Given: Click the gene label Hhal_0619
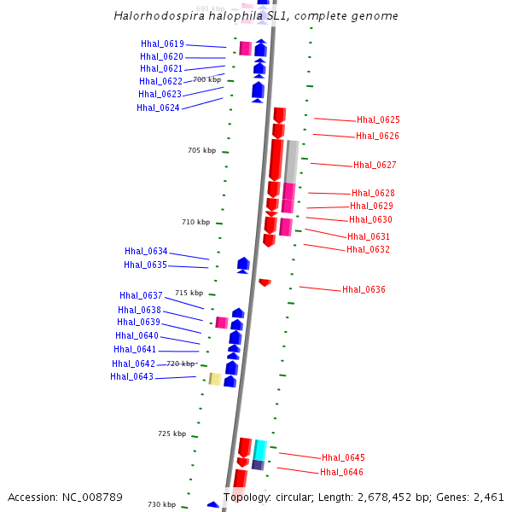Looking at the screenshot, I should pos(162,44).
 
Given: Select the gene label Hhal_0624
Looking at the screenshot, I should pos(158,108).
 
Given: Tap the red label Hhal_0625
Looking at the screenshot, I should pos(378,120).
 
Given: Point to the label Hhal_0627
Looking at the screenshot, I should pos(375,165).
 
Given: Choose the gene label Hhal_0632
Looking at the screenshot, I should pos(368,249).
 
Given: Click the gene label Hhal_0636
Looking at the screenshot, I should pos(364,289).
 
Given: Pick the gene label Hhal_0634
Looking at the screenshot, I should pos(146,251).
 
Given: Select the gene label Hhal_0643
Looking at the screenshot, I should pos(131,376).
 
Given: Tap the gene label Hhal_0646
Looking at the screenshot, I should pos(341,472).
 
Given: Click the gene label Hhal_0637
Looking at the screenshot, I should pos(141,295).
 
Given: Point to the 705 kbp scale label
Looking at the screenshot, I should pos(201,150).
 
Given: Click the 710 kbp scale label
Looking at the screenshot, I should pos(195,222).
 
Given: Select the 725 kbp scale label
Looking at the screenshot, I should pos(172,433).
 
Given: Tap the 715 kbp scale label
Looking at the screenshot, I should pos(189,293).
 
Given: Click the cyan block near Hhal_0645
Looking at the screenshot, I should pos(259,450).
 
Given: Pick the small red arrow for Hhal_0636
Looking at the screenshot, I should pos(265,282).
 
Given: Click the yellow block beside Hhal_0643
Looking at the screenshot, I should pos(215,378).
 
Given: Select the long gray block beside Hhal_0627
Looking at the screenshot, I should pos(292,160).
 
